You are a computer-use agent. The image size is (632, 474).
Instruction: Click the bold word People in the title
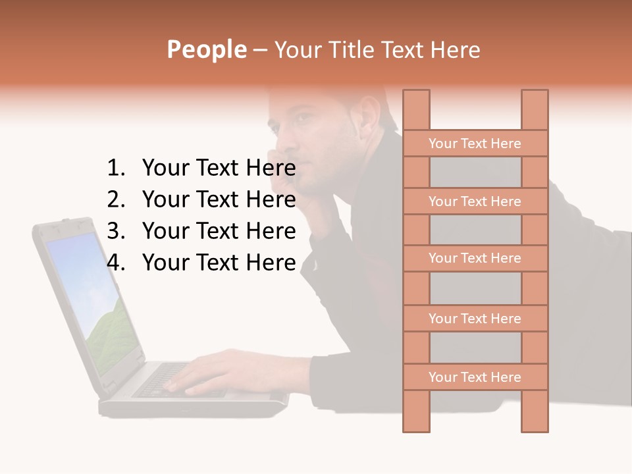206,49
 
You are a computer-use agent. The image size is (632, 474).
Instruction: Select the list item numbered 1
201,169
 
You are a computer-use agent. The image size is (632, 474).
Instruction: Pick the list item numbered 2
201,199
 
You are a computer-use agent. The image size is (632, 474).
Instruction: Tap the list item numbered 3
201,231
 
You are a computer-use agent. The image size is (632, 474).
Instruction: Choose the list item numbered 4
201,263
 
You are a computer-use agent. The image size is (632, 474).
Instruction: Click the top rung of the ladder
475,143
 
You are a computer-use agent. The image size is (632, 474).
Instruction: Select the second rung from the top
475,201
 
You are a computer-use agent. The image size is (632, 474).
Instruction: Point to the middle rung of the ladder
475,258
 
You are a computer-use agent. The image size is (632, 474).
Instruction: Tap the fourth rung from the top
475,318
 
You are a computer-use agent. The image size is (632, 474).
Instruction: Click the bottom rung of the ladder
475,377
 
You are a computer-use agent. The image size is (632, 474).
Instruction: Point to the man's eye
300,118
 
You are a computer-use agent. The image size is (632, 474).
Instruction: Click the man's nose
282,136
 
